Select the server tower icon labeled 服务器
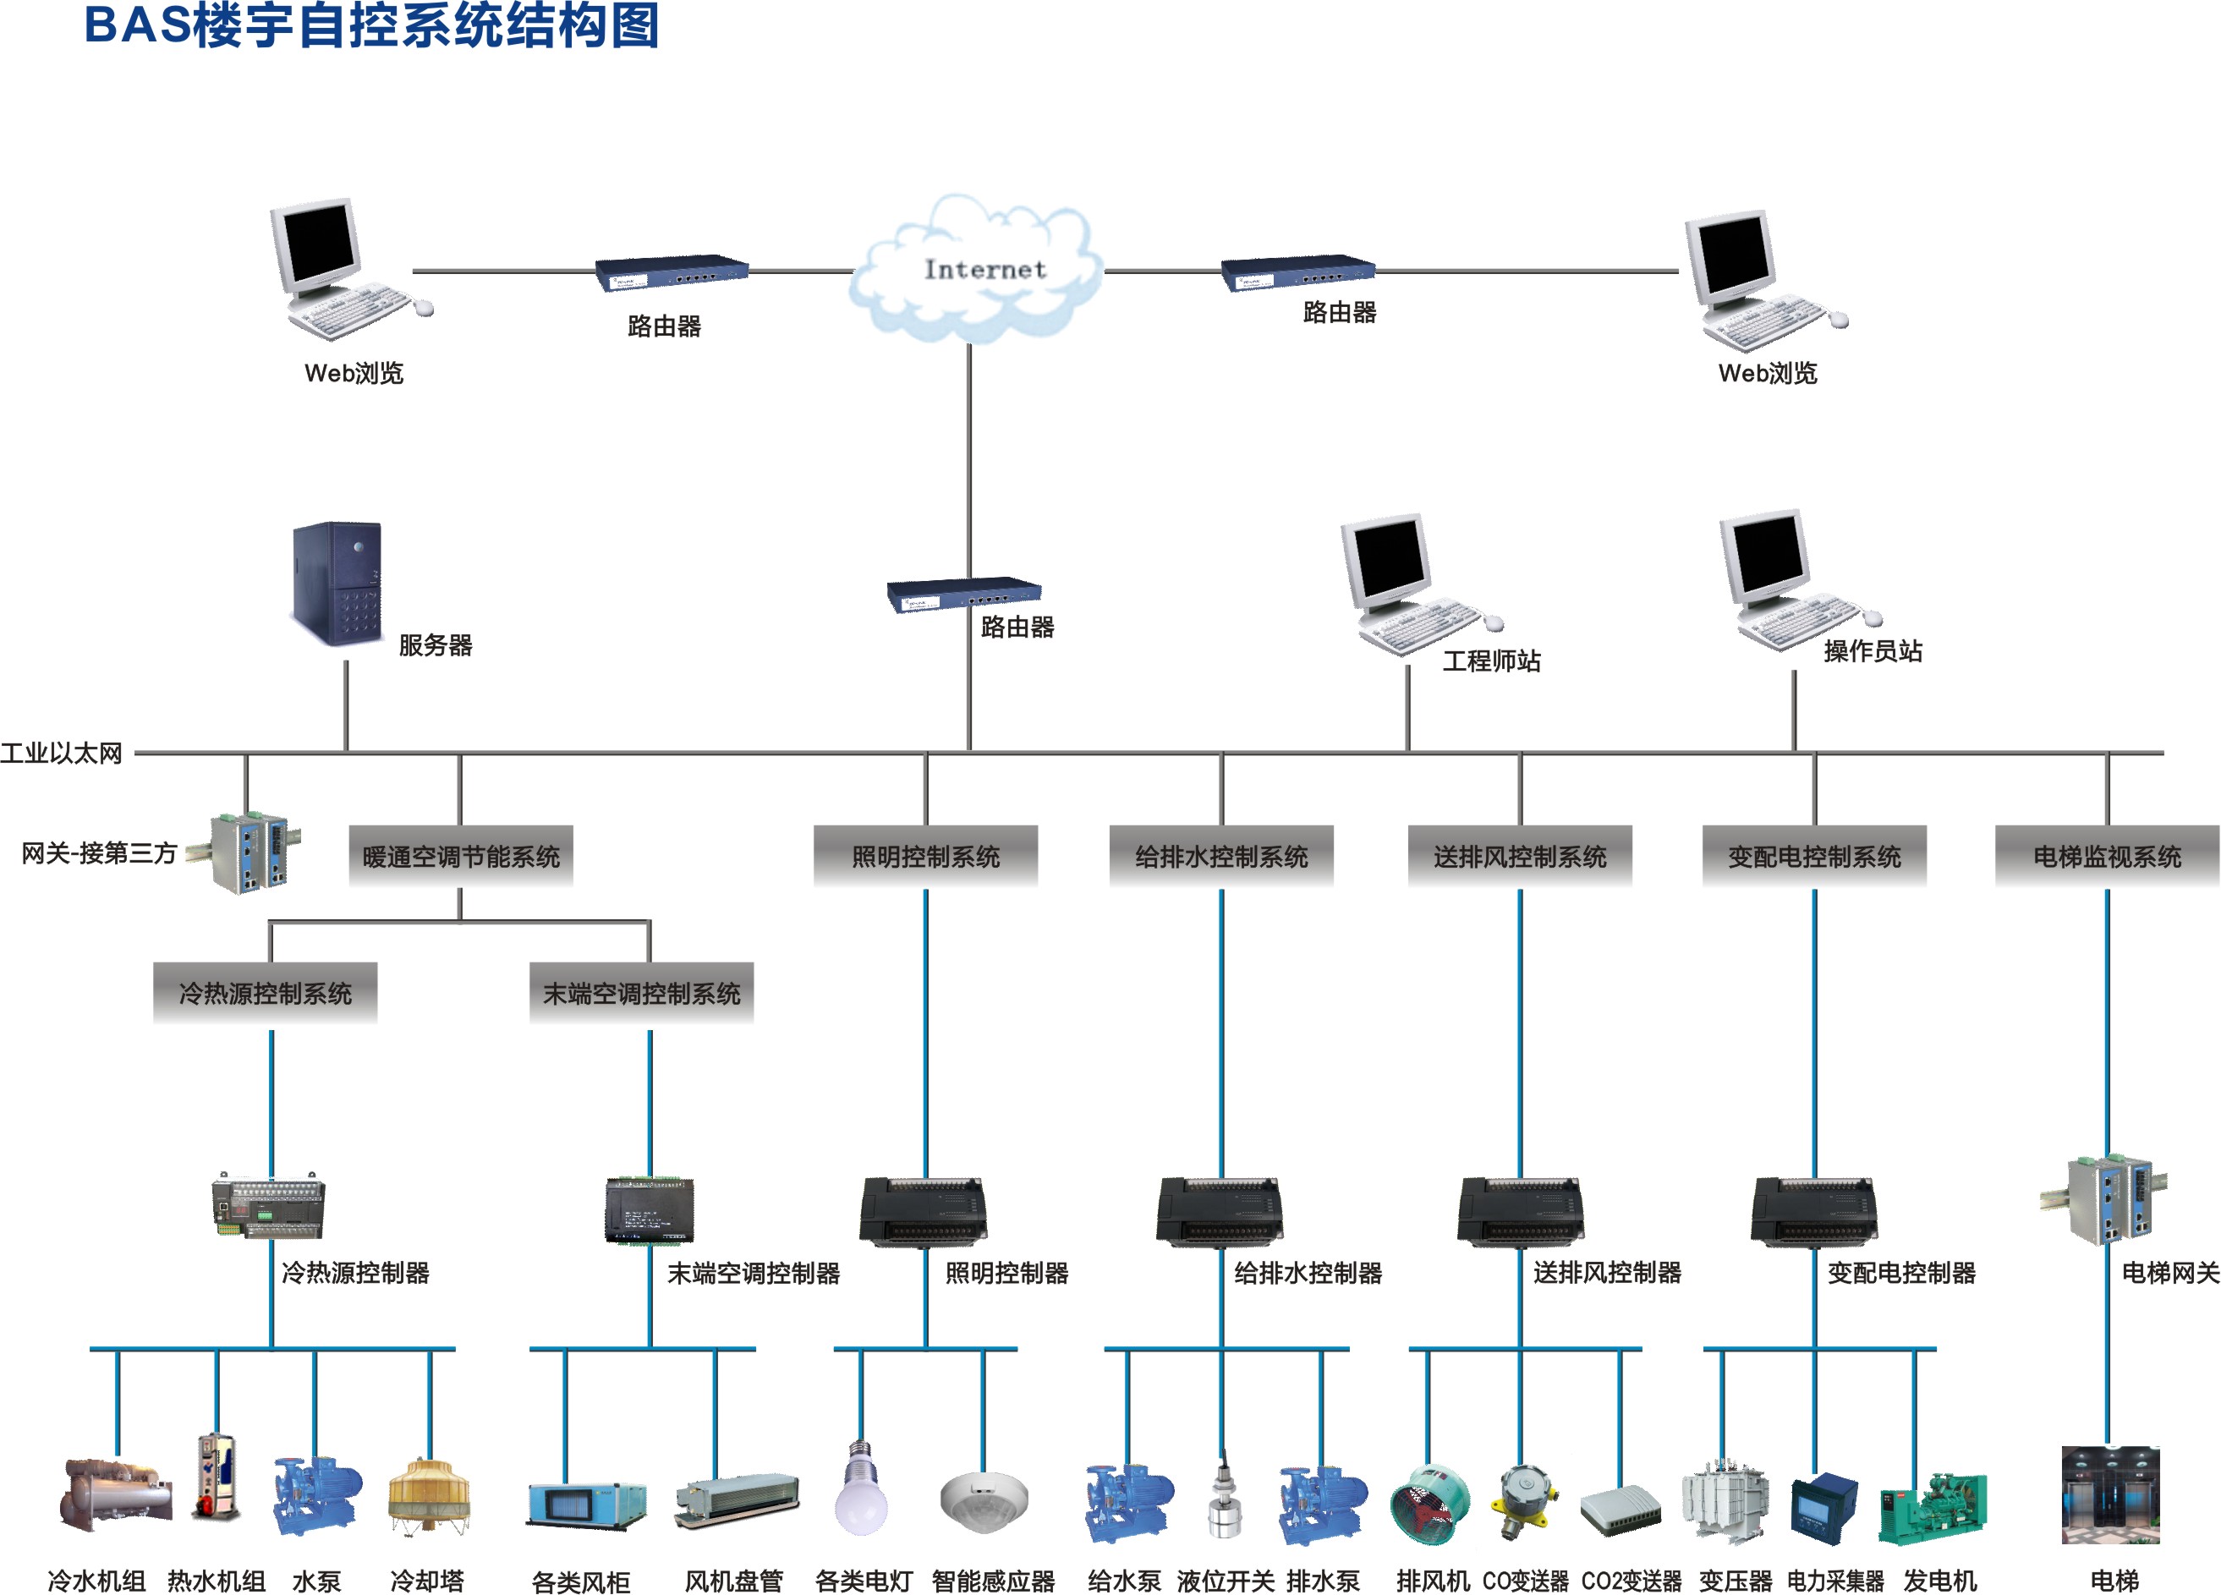pyautogui.click(x=336, y=584)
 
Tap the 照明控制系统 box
pyautogui.click(x=925, y=856)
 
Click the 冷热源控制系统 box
pyautogui.click(x=266, y=993)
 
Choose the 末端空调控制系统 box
pyautogui.click(x=641, y=993)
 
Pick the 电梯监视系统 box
pyautogui.click(x=2107, y=856)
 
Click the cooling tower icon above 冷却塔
pyautogui.click(x=428, y=1494)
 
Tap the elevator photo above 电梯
pyautogui.click(x=2110, y=1494)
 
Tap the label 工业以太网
pyautogui.click(x=61, y=753)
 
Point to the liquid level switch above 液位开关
pyautogui.click(x=1223, y=1496)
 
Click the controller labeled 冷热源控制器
pyautogui.click(x=268, y=1204)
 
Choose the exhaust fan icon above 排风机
pyautogui.click(x=1429, y=1504)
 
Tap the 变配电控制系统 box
pyautogui.click(x=1813, y=856)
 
